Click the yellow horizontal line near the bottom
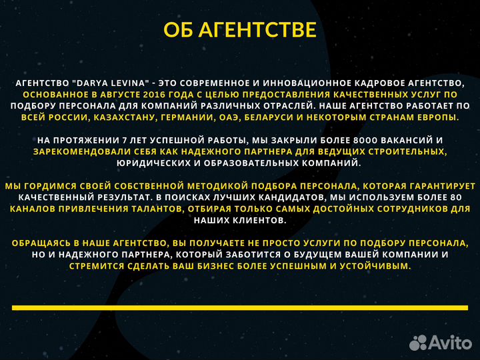tap(240, 307)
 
